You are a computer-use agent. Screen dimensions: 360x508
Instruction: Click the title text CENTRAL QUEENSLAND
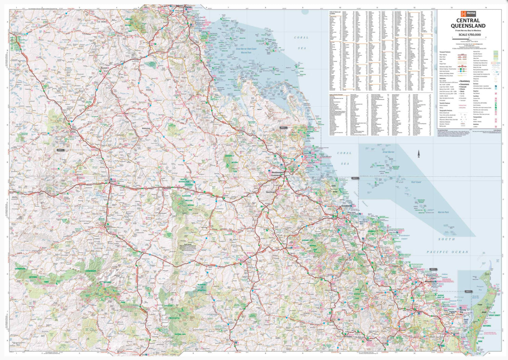click(x=468, y=23)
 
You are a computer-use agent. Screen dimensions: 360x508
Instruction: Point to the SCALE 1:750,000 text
click(x=469, y=35)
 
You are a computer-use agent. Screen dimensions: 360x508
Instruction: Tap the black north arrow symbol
click(x=419, y=154)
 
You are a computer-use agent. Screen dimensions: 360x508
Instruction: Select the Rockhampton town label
click(x=278, y=173)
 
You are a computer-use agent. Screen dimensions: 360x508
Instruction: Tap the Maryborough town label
click(x=456, y=333)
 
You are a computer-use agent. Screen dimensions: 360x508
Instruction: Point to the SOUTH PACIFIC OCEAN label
click(x=447, y=245)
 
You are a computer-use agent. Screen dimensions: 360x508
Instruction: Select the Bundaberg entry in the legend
click(x=465, y=81)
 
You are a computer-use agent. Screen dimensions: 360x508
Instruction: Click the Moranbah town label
click(x=104, y=68)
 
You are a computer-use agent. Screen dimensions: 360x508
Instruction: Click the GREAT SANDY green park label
click(x=494, y=315)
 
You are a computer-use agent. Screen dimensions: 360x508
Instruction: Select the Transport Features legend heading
click(x=445, y=52)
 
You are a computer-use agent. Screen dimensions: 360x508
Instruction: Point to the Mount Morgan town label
click(x=271, y=192)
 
